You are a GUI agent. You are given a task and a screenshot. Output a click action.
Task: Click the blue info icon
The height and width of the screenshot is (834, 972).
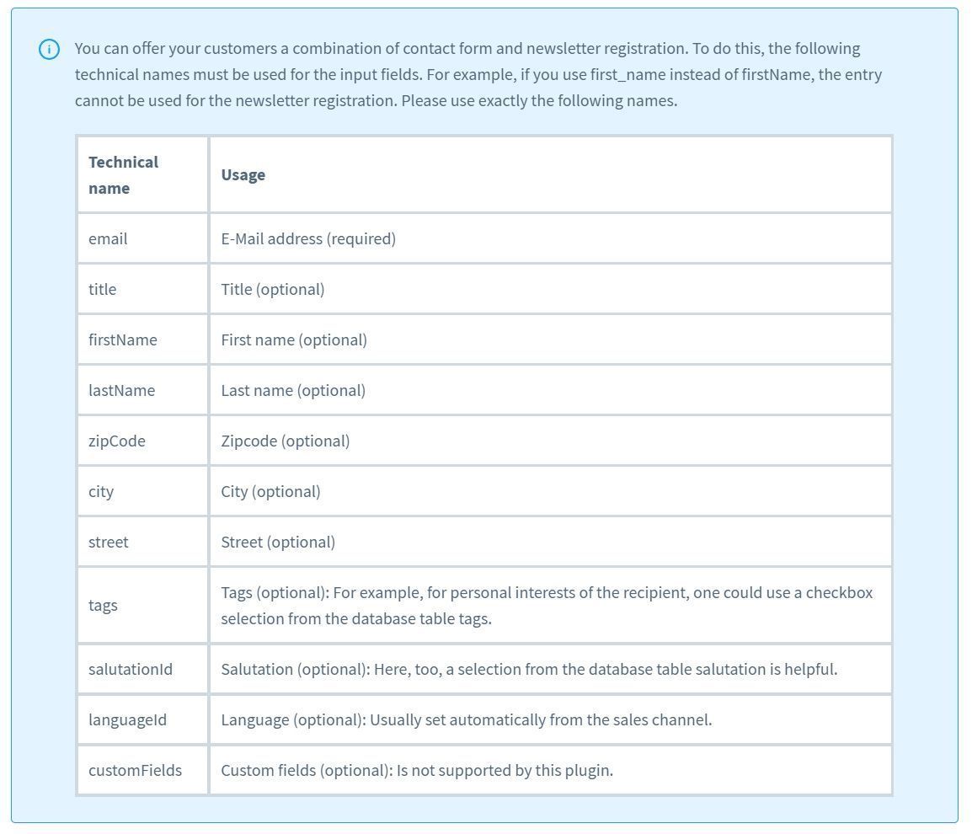point(50,50)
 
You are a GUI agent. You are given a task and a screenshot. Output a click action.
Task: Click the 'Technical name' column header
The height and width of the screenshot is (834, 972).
point(123,174)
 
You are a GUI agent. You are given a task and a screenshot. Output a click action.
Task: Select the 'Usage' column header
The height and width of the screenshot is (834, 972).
point(243,174)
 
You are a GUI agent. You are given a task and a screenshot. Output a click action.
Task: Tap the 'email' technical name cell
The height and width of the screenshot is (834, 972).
point(108,238)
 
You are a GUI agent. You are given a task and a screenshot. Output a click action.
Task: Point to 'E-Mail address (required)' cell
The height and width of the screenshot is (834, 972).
point(308,238)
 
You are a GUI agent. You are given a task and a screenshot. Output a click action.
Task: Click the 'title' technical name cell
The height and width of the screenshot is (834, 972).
point(103,289)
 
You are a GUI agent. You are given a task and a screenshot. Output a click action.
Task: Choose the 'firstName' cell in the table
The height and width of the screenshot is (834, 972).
point(123,339)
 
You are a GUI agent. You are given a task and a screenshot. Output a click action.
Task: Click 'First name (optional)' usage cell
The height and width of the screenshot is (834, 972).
point(294,339)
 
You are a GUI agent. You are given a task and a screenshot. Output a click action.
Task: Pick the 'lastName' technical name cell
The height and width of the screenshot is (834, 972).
point(122,390)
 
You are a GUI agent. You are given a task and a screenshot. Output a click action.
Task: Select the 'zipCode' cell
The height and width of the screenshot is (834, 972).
point(117,441)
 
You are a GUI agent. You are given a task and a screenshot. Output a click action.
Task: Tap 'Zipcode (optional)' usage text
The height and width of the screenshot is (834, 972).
point(286,441)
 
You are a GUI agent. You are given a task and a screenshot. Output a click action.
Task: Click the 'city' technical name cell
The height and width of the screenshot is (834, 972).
point(101,491)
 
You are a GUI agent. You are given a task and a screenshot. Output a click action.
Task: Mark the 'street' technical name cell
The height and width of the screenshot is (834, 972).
point(109,542)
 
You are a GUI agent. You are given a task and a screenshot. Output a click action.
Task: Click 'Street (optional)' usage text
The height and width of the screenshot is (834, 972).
point(278,542)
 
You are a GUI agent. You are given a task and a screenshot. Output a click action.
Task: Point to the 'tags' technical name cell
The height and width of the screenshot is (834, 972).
point(103,605)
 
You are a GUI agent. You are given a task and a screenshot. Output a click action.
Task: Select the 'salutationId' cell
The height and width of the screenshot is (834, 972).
point(131,669)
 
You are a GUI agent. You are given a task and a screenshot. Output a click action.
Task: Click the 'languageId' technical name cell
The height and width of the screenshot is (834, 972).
point(127,719)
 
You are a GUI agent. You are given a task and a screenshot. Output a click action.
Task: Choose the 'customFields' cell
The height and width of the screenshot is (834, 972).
point(135,770)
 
